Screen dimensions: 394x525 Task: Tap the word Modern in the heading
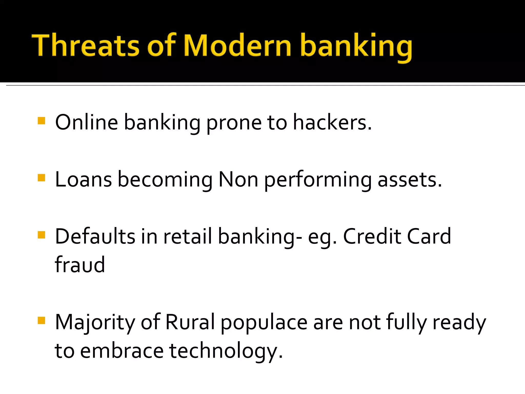237,46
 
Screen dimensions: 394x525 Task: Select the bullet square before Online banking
41,121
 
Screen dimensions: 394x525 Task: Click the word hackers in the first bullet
332,123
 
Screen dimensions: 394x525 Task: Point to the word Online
86,123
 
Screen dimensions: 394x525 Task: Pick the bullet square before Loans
41,178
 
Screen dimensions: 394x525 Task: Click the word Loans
83,180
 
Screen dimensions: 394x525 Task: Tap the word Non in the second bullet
238,180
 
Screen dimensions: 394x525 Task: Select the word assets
410,180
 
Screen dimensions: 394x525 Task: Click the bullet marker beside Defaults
41,235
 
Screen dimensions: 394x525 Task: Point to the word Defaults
95,237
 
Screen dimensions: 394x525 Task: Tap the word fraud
80,265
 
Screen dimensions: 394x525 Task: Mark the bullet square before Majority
41,320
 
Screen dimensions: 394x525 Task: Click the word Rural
190,322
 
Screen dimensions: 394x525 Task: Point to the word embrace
122,351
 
